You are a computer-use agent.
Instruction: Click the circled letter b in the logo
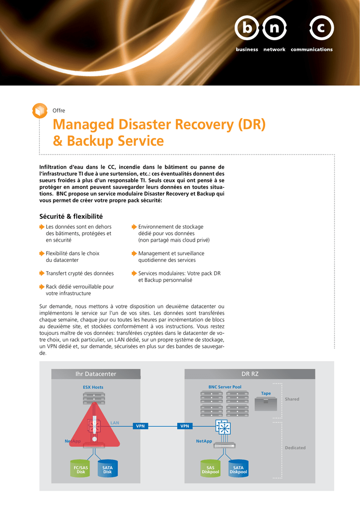[x=247, y=28]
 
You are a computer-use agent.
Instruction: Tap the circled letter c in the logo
[x=321, y=28]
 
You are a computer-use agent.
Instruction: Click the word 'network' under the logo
[x=275, y=49]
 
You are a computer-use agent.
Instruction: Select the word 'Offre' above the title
[x=59, y=111]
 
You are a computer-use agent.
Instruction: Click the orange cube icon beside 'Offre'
[x=40, y=111]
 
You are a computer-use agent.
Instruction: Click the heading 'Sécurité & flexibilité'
[x=71, y=216]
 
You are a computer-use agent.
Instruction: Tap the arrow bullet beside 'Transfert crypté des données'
[x=42, y=273]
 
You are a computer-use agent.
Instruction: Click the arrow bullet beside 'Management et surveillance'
[x=134, y=254]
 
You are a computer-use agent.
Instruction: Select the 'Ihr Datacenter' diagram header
[x=96, y=374]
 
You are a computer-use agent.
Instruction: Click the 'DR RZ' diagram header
[x=250, y=374]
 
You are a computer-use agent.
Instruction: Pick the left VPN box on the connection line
[x=141, y=426]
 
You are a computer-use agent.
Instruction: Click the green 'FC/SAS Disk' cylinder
[x=80, y=468]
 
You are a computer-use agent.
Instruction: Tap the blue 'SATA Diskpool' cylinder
[x=238, y=468]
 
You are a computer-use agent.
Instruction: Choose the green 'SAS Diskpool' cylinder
[x=211, y=468]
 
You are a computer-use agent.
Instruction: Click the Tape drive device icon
[x=266, y=404]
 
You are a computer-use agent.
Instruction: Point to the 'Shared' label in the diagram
[x=292, y=399]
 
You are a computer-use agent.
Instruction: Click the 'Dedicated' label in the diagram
[x=295, y=448]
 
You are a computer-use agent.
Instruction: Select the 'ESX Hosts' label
[x=93, y=387]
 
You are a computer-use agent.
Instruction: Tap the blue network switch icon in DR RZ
[x=223, y=428]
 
